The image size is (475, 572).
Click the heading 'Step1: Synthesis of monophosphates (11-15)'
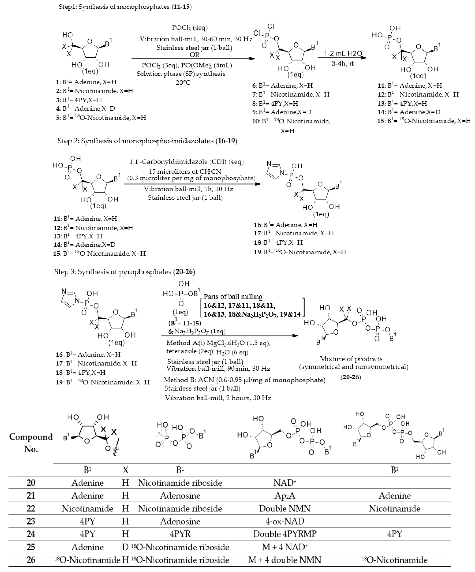(x=125, y=7)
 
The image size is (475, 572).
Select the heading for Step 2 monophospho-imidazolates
(x=147, y=141)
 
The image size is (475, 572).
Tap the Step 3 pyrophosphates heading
(x=125, y=272)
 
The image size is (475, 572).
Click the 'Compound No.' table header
(x=31, y=443)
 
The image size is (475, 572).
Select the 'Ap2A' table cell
(x=285, y=495)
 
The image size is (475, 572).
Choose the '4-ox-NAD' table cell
(x=285, y=521)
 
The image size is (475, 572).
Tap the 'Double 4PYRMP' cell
(x=285, y=534)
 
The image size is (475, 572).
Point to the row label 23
(x=31, y=521)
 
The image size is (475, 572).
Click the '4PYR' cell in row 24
(x=180, y=534)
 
